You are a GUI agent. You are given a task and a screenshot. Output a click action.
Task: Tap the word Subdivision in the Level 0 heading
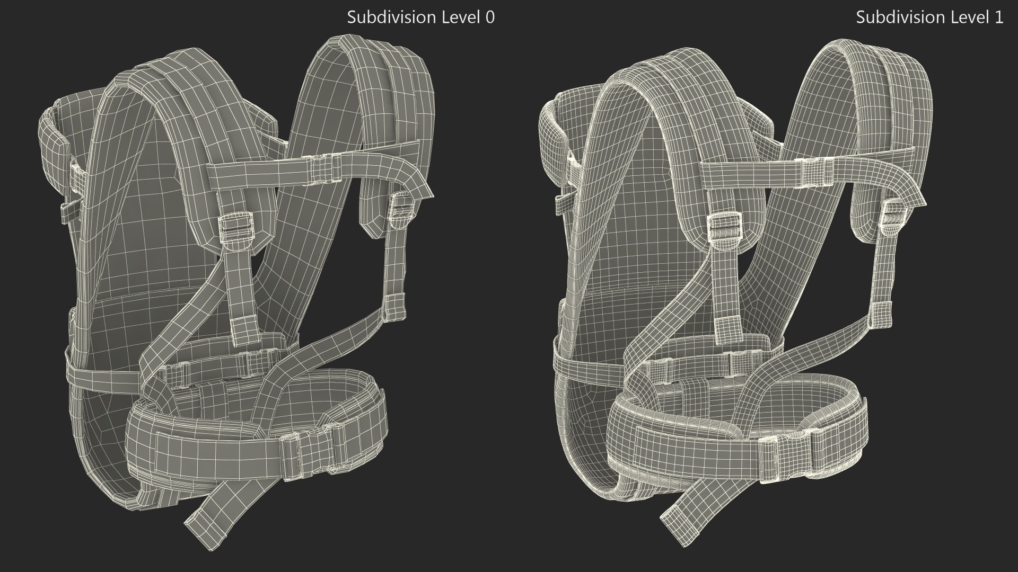391,17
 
